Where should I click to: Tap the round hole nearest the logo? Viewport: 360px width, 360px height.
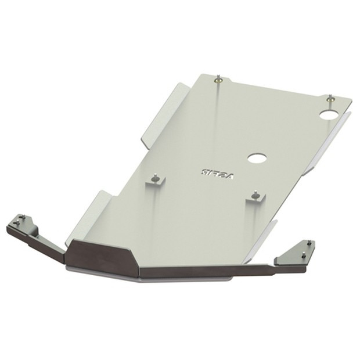256,158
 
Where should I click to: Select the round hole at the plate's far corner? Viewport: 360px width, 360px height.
329,114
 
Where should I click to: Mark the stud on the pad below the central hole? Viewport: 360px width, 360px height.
255,193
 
